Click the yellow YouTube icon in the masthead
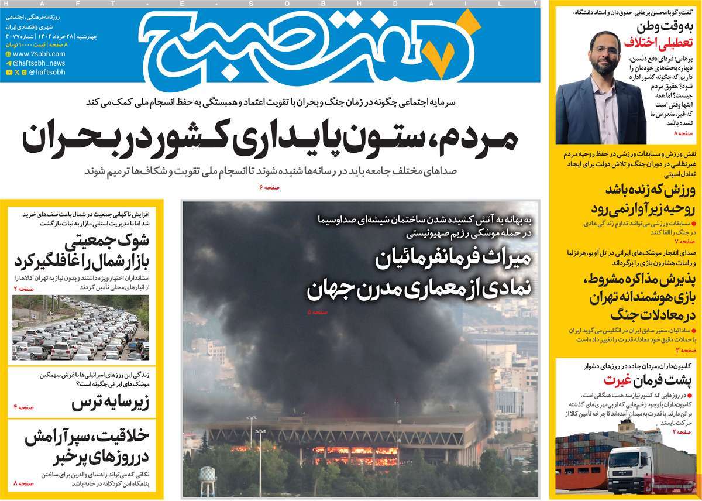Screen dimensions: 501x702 coord(9,73)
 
